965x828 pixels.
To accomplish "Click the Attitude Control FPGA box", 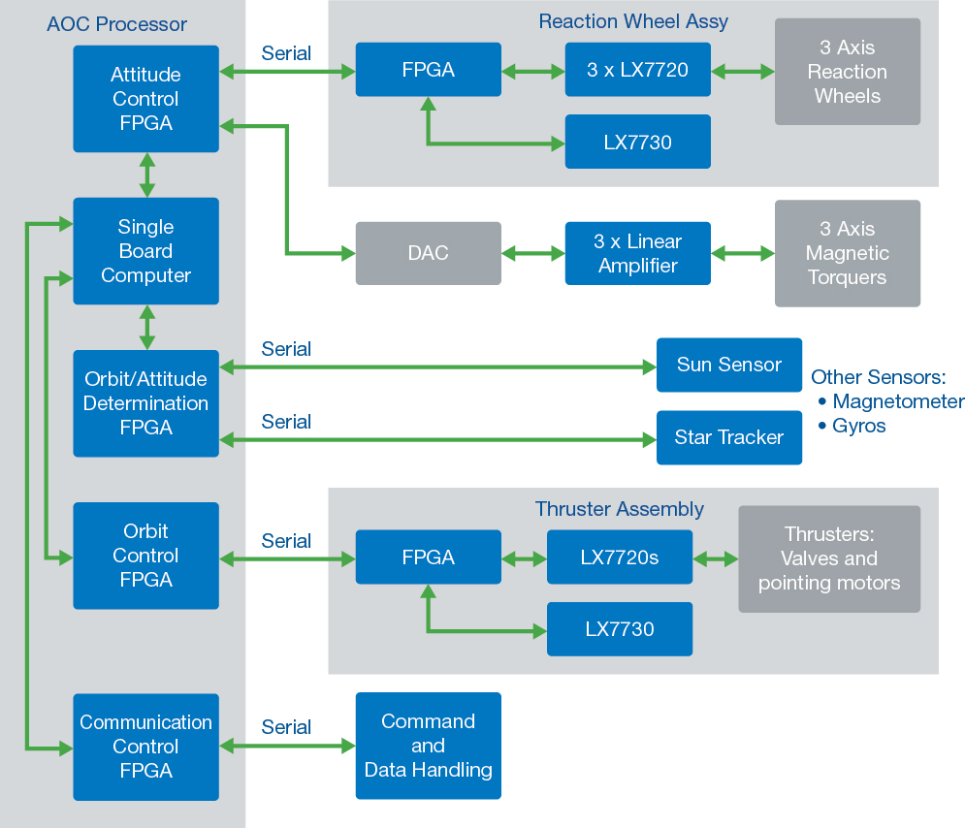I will point(145,99).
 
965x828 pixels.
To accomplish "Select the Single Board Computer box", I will point(145,251).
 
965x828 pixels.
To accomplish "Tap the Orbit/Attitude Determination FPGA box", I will point(145,403).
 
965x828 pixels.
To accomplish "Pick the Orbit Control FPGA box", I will point(145,556).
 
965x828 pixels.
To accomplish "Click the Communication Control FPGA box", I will point(145,747).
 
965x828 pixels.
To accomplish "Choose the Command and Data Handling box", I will point(428,746).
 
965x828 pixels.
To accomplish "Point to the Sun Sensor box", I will point(728,365).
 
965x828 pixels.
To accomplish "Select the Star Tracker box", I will point(728,437).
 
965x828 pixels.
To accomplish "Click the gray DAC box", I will point(428,253).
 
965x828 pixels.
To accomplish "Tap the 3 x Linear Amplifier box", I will point(637,253).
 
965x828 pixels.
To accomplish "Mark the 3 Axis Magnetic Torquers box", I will point(847,253).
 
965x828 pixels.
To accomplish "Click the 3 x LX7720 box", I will point(637,70).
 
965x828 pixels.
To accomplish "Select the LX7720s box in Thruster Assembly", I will point(619,557).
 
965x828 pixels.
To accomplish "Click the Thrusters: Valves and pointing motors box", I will point(828,558).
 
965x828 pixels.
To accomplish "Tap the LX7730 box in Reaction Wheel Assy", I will point(637,142).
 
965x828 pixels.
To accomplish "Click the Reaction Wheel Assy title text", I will point(632,21).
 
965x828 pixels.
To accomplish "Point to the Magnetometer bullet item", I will point(897,401).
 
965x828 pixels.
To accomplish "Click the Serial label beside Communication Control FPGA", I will point(286,727).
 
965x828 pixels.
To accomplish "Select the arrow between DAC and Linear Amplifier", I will point(532,253).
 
